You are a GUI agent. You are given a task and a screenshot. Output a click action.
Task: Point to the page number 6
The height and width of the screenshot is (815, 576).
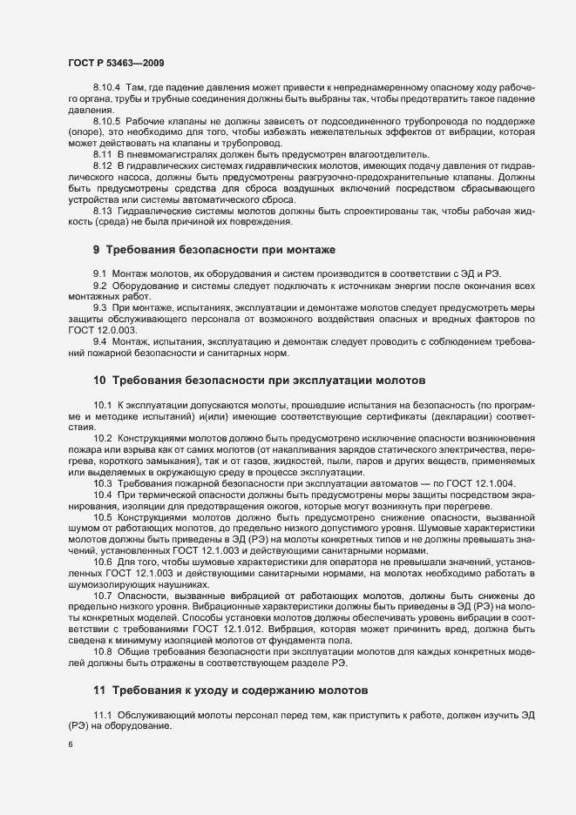tap(70, 746)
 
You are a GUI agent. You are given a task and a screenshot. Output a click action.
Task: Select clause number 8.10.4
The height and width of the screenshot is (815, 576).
tap(105, 89)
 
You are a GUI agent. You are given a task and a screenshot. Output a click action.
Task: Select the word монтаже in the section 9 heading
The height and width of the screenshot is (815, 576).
tap(298, 250)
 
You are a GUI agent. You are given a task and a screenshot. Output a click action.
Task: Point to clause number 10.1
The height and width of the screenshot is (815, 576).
tap(102, 407)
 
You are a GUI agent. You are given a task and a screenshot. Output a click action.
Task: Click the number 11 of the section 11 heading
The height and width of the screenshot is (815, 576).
tap(98, 690)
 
